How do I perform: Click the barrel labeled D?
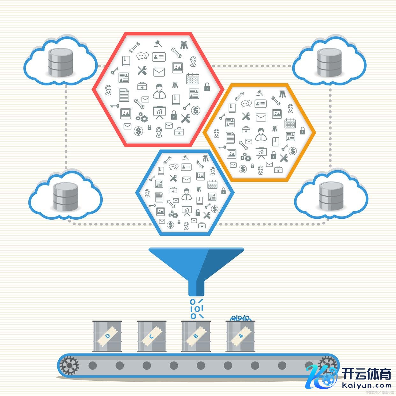pos(107,336)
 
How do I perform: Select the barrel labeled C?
pos(151,336)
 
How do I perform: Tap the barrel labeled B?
pos(196,336)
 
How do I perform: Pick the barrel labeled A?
pos(240,336)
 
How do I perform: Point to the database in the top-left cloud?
pos(60,62)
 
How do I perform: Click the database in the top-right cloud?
pos(329,62)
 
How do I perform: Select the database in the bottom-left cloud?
pos(65,196)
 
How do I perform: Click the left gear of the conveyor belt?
pos(69,365)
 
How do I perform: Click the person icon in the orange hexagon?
pos(261,134)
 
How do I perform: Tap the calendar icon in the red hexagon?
pos(193,78)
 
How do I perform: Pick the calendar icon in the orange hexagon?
pos(290,123)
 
